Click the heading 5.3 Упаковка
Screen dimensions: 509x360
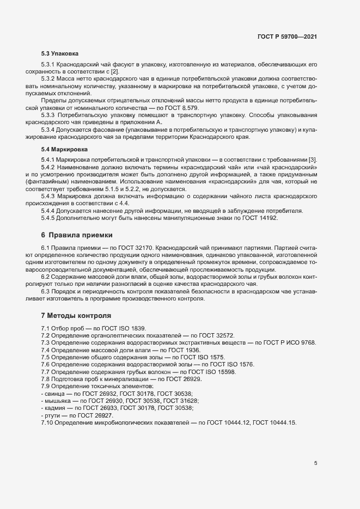point(60,54)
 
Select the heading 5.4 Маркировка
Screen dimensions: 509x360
point(64,149)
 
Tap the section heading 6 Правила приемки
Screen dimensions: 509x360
point(77,235)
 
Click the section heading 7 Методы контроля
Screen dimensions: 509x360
point(76,315)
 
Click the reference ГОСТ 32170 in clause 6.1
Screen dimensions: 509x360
point(128,248)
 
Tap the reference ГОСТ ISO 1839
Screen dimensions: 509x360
point(113,328)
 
